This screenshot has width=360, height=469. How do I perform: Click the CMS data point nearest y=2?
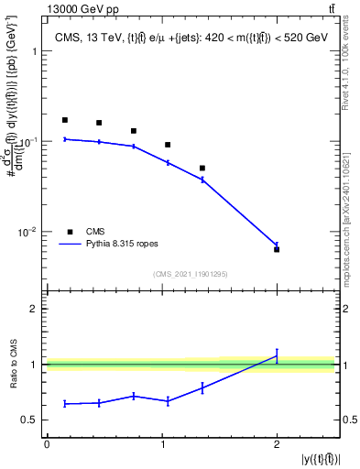tap(277, 249)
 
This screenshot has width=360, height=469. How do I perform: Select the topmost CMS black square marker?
tap(64, 120)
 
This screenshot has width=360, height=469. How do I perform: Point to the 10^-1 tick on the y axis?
tap(28, 142)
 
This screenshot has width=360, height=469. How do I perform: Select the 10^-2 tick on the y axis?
tap(28, 233)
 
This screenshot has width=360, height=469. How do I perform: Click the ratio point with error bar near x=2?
tap(277, 356)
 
